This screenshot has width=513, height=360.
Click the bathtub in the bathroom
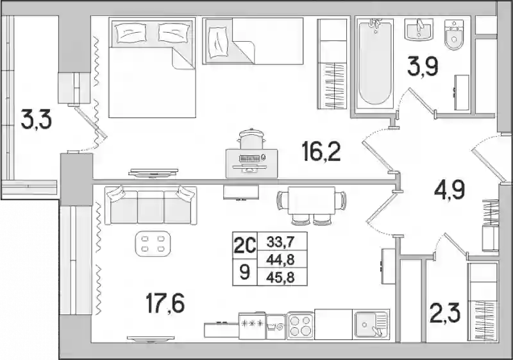click(374, 64)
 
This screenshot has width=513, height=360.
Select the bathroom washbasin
click(419, 29)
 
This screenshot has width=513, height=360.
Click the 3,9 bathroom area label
click(423, 67)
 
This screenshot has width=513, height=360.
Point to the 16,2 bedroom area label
click(322, 152)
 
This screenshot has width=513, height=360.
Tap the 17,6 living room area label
click(165, 303)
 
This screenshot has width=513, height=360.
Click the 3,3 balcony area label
click(36, 119)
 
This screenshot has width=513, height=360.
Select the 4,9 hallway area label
click(450, 190)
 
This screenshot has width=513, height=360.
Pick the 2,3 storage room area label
click(445, 313)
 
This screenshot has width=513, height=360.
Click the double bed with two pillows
click(152, 67)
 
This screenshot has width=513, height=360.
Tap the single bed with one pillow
click(253, 40)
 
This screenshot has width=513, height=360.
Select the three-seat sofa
click(151, 205)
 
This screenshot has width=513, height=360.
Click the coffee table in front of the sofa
click(153, 243)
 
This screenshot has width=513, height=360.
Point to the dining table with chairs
click(312, 205)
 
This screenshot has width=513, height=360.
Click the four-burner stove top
click(301, 325)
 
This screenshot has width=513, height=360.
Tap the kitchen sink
click(371, 324)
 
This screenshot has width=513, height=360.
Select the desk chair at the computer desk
click(251, 139)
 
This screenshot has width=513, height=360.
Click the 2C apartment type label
click(244, 244)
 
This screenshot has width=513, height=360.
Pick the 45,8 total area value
click(280, 277)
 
